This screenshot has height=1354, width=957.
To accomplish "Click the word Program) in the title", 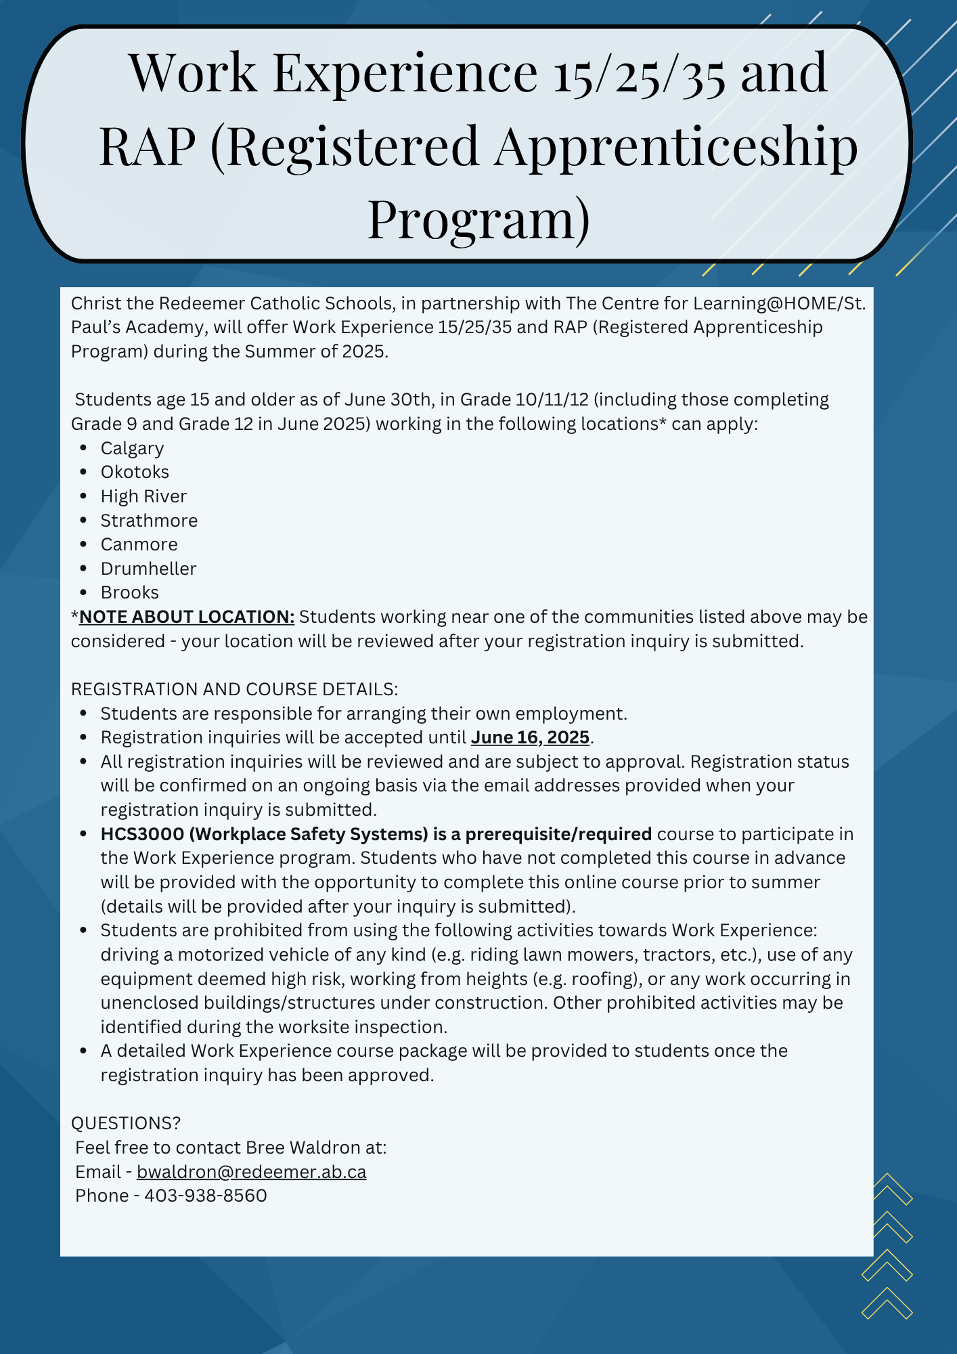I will point(478,218).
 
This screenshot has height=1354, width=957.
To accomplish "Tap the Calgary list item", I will point(132,448).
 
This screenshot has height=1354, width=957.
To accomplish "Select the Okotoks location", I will point(135,472).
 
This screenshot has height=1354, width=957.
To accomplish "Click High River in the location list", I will point(143,496).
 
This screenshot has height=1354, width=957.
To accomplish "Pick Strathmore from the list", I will point(149,521).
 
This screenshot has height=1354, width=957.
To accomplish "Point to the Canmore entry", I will point(139,544).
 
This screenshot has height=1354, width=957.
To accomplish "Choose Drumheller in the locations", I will point(148,569).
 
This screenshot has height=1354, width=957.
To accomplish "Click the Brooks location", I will point(129,592).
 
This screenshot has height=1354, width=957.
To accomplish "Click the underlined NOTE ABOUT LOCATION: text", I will point(187,617).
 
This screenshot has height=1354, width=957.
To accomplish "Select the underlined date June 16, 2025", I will point(530,737).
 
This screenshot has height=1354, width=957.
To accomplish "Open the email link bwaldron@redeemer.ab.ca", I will point(251,1172).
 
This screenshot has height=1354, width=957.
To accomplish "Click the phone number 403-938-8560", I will point(206,1196).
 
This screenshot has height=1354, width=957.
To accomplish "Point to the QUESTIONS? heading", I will point(126,1123).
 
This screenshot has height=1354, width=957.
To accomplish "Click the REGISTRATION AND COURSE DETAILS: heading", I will point(234,689).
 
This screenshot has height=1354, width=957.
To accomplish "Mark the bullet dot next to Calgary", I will point(83,448).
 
